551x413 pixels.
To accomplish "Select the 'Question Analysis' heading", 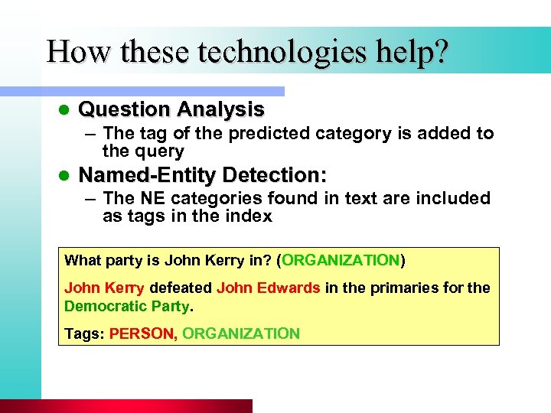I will point(171,109).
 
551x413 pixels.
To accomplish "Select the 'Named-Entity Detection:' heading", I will point(203,174).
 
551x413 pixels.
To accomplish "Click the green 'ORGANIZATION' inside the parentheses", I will point(341,260).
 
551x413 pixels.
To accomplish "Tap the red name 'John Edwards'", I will point(268,288).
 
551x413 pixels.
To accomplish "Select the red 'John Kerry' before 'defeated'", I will point(104,288).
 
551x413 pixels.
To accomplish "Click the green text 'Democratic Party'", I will point(126,306).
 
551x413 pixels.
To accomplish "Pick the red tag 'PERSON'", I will point(142,333).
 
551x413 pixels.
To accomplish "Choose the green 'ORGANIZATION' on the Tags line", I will point(241,333).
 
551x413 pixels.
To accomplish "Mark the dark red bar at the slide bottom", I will point(126,406).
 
